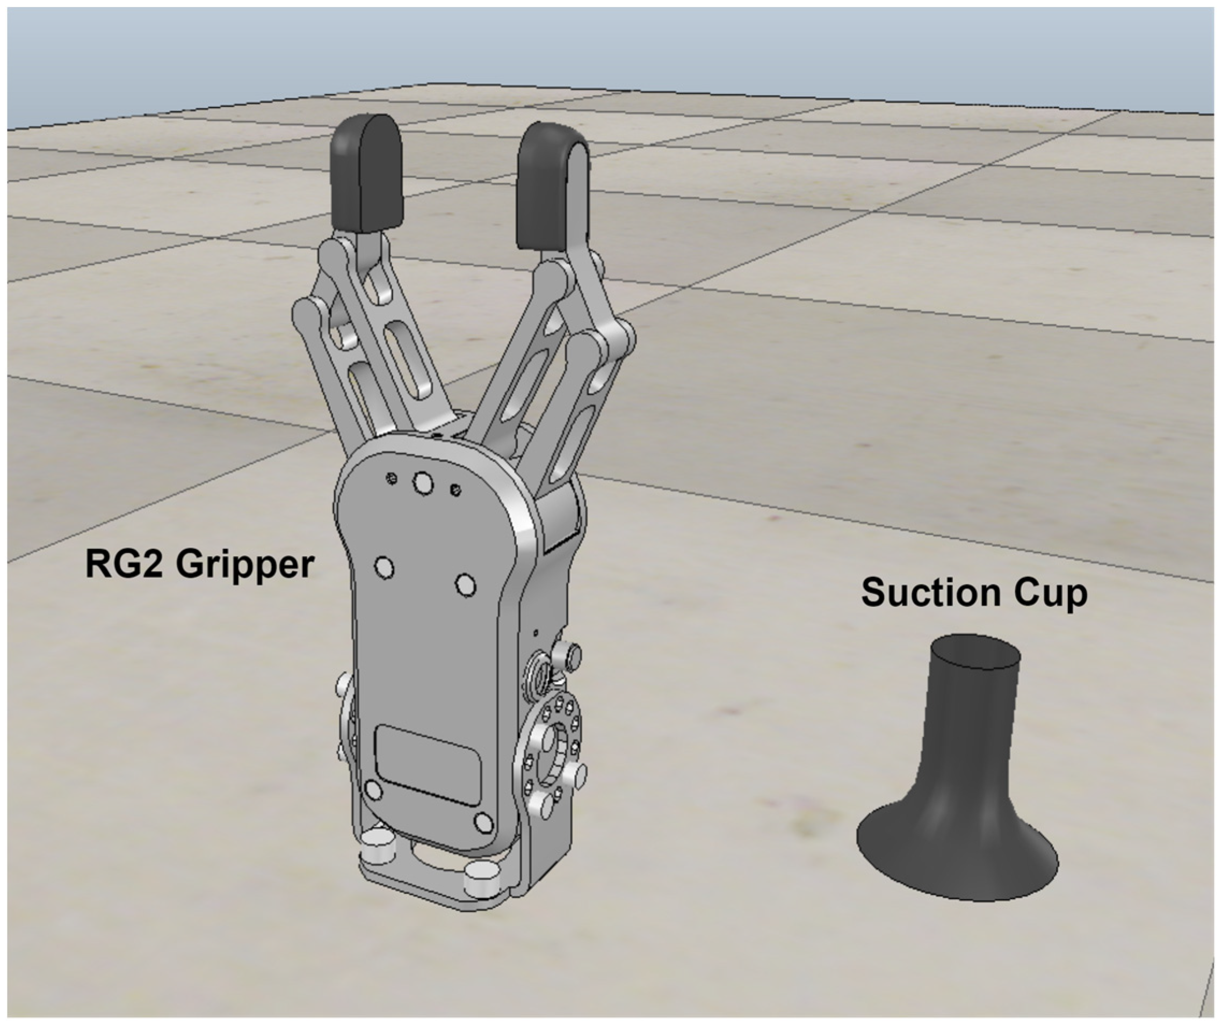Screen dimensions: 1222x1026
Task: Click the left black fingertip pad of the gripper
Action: pos(366,174)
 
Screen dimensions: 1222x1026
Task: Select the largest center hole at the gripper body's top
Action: pos(423,483)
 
